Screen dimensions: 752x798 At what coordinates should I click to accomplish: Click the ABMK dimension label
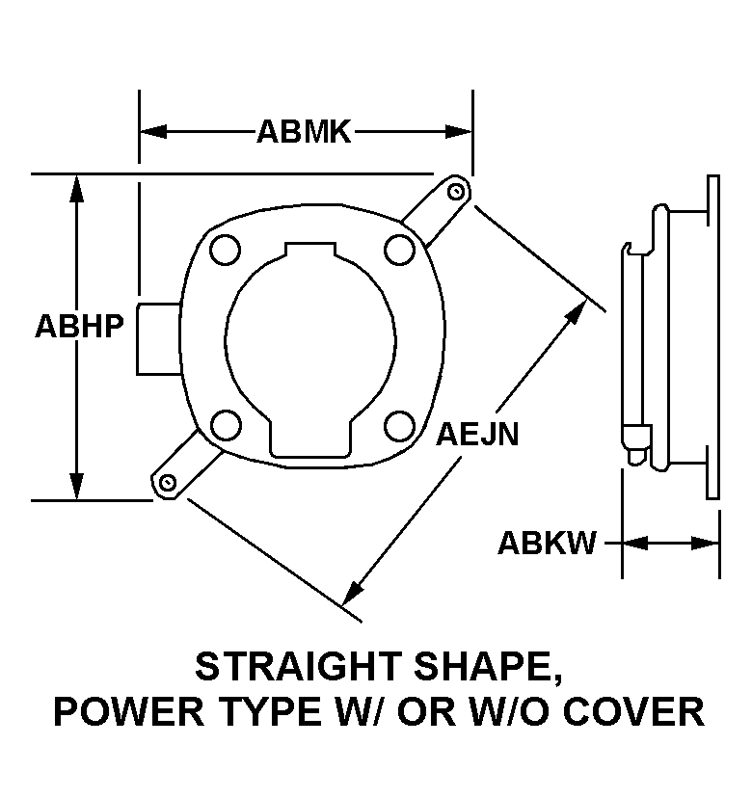point(304,132)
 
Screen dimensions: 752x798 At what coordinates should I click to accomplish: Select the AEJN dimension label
point(477,434)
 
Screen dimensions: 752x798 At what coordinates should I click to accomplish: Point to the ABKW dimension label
point(547,543)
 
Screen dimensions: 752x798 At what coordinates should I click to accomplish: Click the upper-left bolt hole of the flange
point(225,250)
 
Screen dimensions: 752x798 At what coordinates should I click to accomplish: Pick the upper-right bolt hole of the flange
point(400,250)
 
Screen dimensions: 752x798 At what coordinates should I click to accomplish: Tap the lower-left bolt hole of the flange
point(226,425)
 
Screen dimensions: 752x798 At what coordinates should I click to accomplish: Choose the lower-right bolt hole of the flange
point(400,425)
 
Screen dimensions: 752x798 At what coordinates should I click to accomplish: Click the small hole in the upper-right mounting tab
point(456,192)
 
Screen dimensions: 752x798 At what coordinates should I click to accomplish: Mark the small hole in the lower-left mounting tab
point(167,482)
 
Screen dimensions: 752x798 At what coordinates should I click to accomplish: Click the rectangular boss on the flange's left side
point(158,339)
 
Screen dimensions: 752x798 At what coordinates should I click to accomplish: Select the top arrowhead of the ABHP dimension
point(76,189)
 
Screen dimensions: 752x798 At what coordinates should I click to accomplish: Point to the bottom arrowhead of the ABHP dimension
point(76,487)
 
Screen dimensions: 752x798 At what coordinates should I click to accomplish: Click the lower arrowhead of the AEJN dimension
point(352,594)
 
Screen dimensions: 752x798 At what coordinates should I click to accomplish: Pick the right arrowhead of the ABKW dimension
point(705,543)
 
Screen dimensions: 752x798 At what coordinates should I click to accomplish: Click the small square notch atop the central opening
point(310,250)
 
